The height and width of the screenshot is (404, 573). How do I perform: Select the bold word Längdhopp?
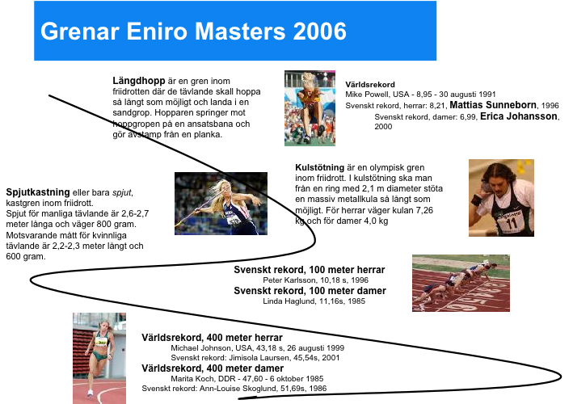[x=139, y=81]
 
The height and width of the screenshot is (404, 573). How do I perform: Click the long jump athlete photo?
[x=310, y=108]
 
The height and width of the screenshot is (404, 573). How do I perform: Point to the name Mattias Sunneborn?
[x=493, y=105]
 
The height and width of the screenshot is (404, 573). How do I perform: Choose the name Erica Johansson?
[x=519, y=116]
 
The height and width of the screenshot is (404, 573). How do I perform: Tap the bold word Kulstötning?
[x=320, y=168]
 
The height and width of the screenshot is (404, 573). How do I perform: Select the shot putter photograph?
[x=501, y=198]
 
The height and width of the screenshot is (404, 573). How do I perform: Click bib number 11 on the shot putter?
[x=512, y=223]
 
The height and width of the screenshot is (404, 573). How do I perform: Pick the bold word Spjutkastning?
[x=38, y=192]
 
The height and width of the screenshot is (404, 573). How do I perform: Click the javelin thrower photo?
[x=221, y=204]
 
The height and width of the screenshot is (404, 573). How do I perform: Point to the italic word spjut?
[x=122, y=192]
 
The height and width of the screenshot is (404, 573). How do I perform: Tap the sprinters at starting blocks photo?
[x=461, y=284]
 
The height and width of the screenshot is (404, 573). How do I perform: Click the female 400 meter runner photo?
[x=99, y=358]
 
